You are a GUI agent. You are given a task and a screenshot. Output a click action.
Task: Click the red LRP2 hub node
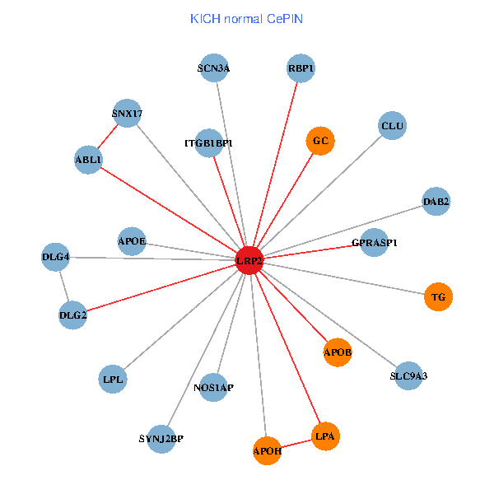click(249, 260)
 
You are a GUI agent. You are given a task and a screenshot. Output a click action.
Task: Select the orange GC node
click(320, 141)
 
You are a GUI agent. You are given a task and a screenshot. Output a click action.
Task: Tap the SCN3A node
click(213, 68)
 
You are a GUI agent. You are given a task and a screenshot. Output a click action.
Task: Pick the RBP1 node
click(301, 68)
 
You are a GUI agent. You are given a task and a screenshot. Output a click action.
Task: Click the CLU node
click(392, 126)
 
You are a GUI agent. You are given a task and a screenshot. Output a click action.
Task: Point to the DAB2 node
click(436, 201)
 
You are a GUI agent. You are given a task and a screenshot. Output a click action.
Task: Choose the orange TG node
click(439, 296)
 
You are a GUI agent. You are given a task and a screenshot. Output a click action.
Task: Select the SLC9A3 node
click(408, 375)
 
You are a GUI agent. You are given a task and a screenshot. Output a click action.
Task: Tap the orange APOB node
click(338, 352)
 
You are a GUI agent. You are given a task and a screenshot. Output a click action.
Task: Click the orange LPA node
click(325, 435)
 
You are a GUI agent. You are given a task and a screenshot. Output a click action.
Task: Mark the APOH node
click(268, 450)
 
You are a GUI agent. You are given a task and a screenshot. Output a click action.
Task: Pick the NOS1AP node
click(213, 387)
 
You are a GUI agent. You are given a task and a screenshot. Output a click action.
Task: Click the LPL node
click(112, 380)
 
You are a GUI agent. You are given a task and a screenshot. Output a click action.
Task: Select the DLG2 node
click(73, 315)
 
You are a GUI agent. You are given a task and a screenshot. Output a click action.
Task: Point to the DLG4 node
click(55, 257)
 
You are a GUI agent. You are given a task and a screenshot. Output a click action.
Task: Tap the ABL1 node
click(88, 160)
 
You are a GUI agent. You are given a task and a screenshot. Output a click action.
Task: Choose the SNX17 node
click(127, 114)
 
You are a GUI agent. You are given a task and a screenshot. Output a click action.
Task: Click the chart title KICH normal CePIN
click(245, 18)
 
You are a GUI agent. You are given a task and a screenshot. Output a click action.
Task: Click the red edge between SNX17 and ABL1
click(108, 137)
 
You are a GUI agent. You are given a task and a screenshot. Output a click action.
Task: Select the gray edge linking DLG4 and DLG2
click(64, 286)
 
